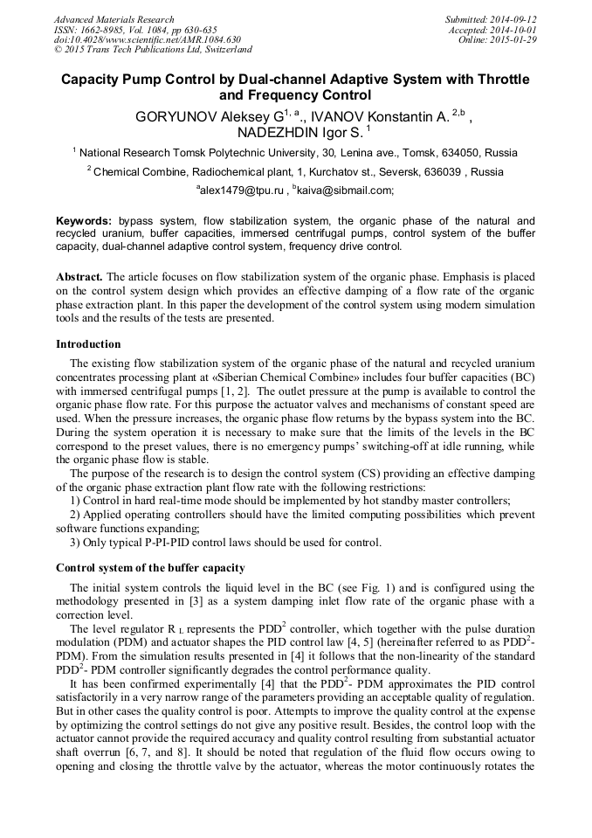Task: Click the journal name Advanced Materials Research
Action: pos(114,19)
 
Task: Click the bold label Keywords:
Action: pos(84,222)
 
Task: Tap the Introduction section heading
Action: pos(88,344)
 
